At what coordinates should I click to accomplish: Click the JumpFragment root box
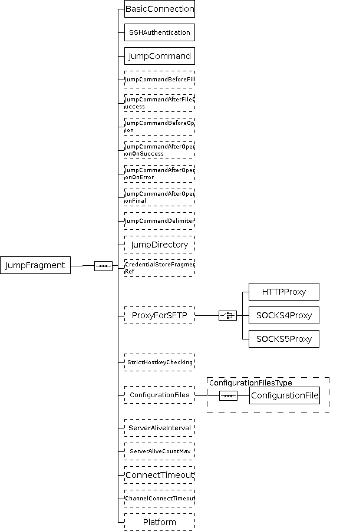35,265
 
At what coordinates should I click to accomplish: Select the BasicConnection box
159,9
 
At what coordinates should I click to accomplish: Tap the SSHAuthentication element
159,32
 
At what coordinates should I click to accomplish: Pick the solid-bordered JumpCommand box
159,56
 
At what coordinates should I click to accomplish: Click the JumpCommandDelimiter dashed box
159,220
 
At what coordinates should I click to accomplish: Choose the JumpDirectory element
159,244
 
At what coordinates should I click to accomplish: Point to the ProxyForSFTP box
159,315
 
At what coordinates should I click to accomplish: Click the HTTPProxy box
284,292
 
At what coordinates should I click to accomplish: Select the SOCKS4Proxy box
284,315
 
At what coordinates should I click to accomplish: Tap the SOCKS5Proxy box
284,339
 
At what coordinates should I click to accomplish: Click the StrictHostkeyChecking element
159,362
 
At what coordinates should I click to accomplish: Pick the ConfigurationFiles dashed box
159,395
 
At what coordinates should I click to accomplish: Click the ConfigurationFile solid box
284,395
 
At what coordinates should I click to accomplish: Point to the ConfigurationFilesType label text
250,382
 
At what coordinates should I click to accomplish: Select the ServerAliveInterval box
159,427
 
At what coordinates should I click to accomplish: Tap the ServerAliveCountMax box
159,451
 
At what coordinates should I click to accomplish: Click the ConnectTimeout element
159,474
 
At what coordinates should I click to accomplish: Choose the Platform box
159,522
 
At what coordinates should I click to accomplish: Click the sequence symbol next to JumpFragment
104,266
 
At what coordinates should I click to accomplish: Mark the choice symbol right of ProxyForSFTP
227,316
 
